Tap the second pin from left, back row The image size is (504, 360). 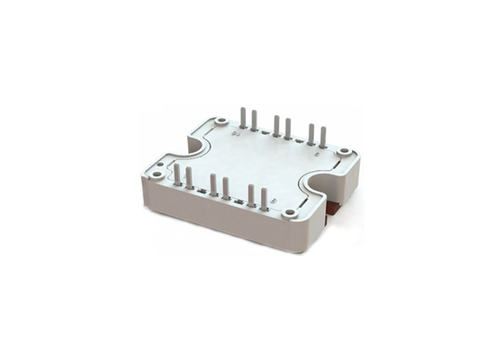[x=254, y=120]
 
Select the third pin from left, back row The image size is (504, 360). [x=276, y=125]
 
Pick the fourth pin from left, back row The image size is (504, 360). [x=288, y=129]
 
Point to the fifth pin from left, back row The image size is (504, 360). [x=311, y=133]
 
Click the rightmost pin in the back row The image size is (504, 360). [x=323, y=137]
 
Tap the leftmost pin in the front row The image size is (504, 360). [x=177, y=174]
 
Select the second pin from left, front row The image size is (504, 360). [x=189, y=177]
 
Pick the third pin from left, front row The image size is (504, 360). [x=213, y=184]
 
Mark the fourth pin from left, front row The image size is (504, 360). [x=226, y=187]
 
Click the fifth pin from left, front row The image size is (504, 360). [x=251, y=193]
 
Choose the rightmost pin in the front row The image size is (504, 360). [x=264, y=197]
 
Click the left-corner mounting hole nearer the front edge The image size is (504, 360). [x=157, y=175]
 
